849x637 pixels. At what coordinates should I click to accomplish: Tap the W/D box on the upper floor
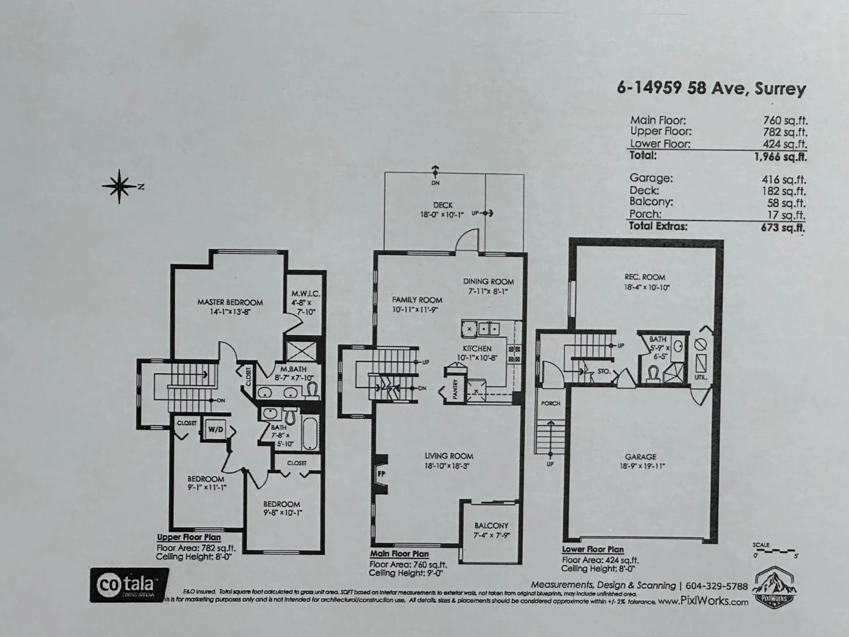point(216,429)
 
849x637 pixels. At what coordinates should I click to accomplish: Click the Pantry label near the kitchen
point(455,389)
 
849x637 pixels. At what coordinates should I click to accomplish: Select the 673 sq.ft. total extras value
point(783,227)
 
